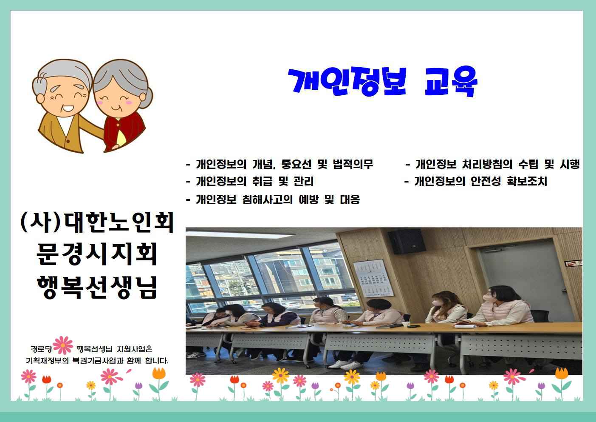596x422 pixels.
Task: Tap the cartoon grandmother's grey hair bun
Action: click(x=147, y=98)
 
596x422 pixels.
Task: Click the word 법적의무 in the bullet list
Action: click(x=353, y=164)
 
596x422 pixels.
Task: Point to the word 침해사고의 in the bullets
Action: click(x=267, y=200)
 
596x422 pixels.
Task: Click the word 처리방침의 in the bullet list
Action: click(x=487, y=164)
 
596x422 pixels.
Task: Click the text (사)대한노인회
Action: click(x=97, y=222)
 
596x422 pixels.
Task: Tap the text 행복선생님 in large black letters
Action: click(x=97, y=287)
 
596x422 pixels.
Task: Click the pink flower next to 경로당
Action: click(x=63, y=345)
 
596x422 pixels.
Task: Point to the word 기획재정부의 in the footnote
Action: click(x=47, y=361)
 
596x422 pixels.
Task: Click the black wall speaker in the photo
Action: click(x=407, y=241)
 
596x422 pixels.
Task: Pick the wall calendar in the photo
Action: click(x=373, y=278)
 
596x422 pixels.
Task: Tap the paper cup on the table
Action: click(x=406, y=324)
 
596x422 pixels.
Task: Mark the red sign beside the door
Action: click(x=573, y=263)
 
